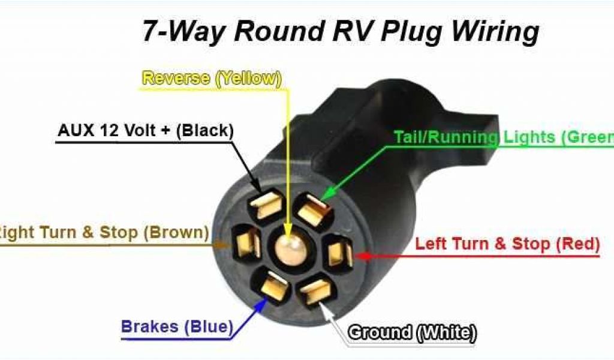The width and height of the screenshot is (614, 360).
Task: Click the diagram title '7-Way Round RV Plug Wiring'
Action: tap(340, 32)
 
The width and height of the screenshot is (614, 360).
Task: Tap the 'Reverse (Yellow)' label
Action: tap(211, 78)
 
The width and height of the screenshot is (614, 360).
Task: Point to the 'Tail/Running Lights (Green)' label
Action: tap(504, 137)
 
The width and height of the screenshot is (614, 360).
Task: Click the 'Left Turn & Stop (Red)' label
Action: tap(507, 244)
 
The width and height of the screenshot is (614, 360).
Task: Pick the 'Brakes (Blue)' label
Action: tap(176, 327)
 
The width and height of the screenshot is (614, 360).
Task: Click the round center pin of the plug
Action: tap(291, 245)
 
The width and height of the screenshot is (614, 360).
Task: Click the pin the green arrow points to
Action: tap(312, 211)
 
